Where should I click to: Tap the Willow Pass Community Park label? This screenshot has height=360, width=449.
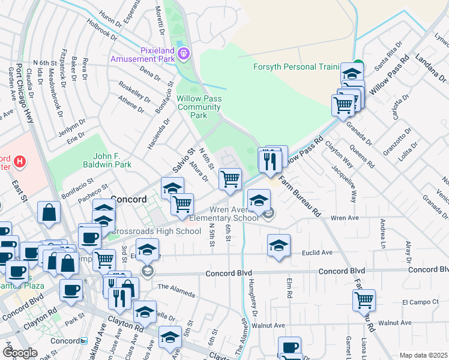[199, 107]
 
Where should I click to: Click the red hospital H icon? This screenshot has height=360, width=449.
[20, 161]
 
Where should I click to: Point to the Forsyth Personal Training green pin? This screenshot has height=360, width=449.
[358, 65]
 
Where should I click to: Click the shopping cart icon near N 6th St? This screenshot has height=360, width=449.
[231, 178]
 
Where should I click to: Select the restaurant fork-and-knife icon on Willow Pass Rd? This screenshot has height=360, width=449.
[270, 160]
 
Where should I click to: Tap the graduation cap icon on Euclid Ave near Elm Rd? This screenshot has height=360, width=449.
[278, 245]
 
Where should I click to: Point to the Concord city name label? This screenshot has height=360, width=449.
[129, 199]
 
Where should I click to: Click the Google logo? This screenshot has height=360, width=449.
[20, 353]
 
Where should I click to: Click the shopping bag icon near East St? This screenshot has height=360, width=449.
[49, 212]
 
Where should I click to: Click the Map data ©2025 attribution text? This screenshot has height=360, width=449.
[424, 355]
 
